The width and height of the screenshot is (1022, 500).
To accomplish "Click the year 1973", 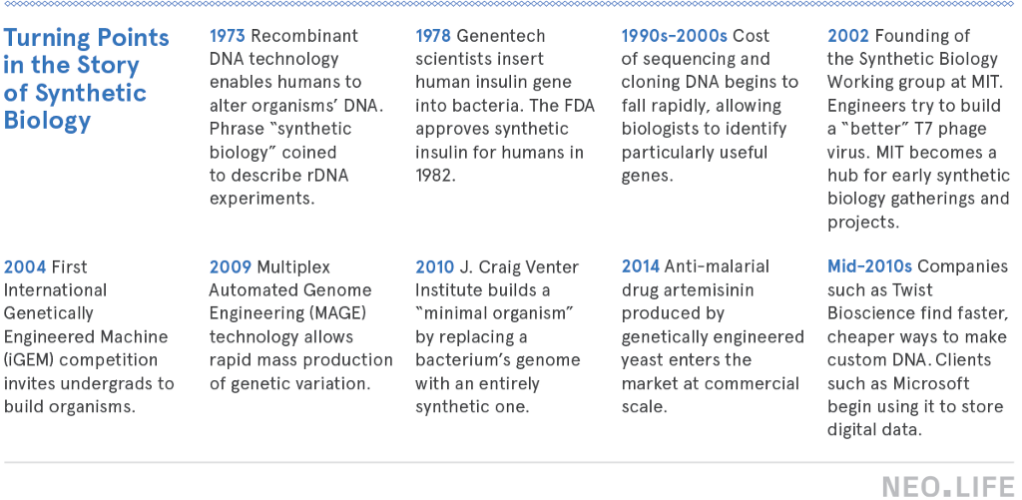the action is (x=227, y=35).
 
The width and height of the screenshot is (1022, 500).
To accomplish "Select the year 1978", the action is (x=433, y=35).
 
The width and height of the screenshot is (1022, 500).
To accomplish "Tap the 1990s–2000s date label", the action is (x=674, y=35).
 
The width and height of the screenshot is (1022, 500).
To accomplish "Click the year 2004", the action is (x=25, y=266).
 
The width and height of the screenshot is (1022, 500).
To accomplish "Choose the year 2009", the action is (x=231, y=266).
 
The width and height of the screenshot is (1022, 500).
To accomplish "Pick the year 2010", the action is (x=435, y=266).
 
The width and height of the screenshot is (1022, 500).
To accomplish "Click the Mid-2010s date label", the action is (x=869, y=266).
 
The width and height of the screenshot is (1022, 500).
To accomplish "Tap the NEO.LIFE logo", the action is (x=948, y=487).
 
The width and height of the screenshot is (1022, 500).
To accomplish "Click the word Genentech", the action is (x=501, y=35).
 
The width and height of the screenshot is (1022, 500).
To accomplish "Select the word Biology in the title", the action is (x=47, y=121).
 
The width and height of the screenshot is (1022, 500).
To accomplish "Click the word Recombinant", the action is (x=304, y=35).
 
